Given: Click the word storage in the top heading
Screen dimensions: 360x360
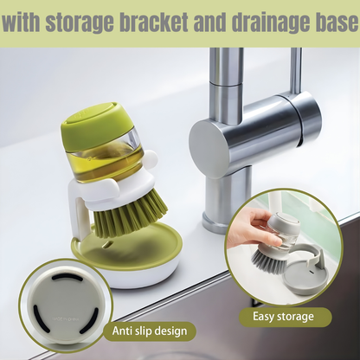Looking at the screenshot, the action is (x=80, y=22).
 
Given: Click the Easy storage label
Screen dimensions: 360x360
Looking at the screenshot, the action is (x=283, y=317).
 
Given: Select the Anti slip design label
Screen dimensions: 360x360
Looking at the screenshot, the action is (x=150, y=331).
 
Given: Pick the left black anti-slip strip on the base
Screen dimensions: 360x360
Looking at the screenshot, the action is (x=37, y=315).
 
